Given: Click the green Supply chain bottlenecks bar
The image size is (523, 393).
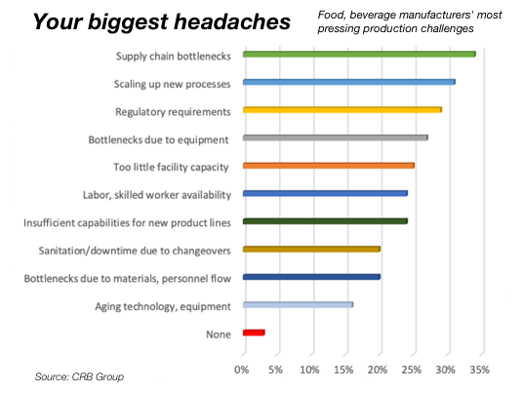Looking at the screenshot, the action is (x=359, y=54).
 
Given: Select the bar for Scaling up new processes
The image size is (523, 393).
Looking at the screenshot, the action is (x=349, y=82).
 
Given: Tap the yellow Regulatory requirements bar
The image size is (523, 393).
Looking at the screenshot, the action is (x=342, y=109).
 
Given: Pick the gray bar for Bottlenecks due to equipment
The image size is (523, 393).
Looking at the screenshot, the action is (x=336, y=138).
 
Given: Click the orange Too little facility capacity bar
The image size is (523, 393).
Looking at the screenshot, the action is (x=329, y=166).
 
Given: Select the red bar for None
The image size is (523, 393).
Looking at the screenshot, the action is (x=254, y=333).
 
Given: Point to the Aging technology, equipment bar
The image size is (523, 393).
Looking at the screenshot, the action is (x=298, y=304).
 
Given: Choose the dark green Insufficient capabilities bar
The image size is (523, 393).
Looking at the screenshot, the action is (x=325, y=221).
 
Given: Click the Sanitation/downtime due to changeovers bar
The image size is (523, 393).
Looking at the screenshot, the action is (x=311, y=249).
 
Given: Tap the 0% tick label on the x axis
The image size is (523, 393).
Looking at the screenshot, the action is (x=241, y=370).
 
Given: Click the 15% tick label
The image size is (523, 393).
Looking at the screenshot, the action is (x=343, y=370).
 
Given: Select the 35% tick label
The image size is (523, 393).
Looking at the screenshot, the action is (x=480, y=370).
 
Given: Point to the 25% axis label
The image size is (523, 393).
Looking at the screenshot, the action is (x=412, y=370).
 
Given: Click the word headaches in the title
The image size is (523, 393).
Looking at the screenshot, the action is (x=232, y=21).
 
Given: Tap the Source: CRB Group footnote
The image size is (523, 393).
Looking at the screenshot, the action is (x=79, y=376).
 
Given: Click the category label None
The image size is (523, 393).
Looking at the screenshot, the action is (x=219, y=334).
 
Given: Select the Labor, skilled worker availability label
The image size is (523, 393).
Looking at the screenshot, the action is (x=157, y=195).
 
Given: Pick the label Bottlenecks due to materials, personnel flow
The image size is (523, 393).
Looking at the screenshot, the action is (x=128, y=279).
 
